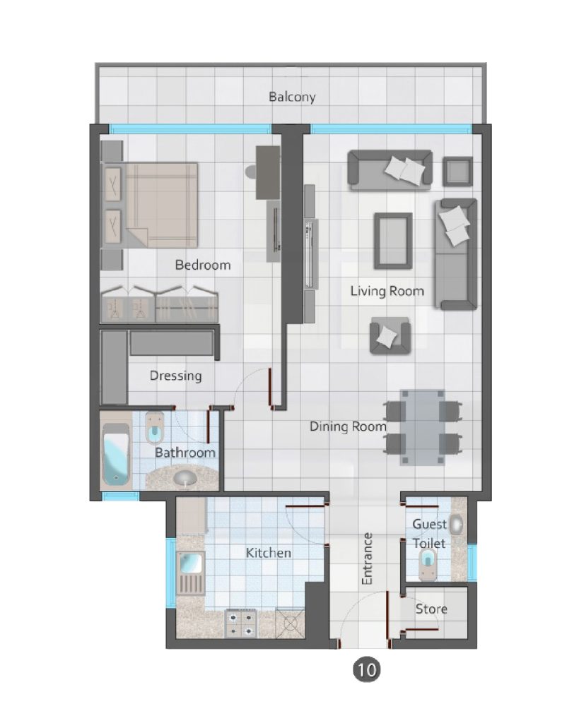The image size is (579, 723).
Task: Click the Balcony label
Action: (x=292, y=97)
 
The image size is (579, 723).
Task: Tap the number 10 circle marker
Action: (x=367, y=669)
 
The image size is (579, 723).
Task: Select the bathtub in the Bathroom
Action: (x=116, y=453)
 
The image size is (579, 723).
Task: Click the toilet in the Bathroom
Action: (x=154, y=427)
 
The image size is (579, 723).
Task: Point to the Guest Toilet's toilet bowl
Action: (x=427, y=564)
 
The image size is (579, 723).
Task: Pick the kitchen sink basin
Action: (x=190, y=563)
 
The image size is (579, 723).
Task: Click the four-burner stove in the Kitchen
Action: (x=240, y=623)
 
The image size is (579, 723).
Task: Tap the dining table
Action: (x=422, y=427)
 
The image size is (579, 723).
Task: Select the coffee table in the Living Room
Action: (x=393, y=240)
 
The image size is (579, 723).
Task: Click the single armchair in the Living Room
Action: (x=390, y=335)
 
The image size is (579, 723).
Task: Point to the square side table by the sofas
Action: (x=457, y=172)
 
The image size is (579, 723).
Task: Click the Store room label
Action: (x=431, y=609)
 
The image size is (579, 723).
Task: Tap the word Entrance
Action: (x=367, y=559)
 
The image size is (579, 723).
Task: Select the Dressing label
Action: (x=175, y=376)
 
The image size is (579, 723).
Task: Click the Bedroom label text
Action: (x=203, y=265)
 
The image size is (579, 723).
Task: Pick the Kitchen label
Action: (x=268, y=552)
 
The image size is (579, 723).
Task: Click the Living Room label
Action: (x=387, y=291)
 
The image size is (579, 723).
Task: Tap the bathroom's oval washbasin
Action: (x=185, y=478)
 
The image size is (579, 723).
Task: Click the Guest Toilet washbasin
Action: (x=456, y=525)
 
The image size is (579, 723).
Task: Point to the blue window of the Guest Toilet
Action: (x=472, y=562)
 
